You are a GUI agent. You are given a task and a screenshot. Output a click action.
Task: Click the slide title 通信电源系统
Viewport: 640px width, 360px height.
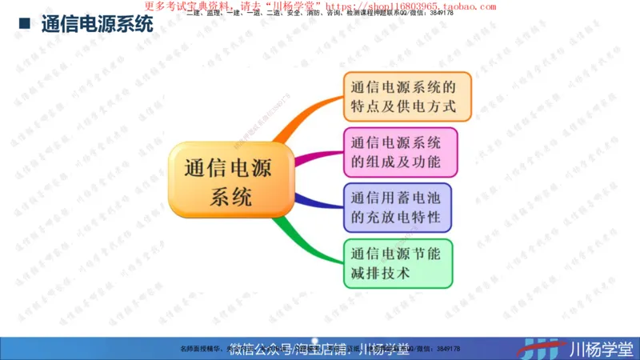pyautogui.click(x=97, y=24)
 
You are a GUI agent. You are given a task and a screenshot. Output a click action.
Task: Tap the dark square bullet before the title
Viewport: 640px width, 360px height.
pyautogui.click(x=24, y=24)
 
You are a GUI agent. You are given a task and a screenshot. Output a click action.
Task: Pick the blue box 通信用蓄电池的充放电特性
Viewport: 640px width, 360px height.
pyautogui.click(x=397, y=207)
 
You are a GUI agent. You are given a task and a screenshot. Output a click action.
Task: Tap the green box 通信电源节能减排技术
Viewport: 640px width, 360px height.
pyautogui.click(x=397, y=263)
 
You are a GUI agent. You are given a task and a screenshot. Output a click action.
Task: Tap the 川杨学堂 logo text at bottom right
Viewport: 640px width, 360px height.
pyautogui.click(x=601, y=349)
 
